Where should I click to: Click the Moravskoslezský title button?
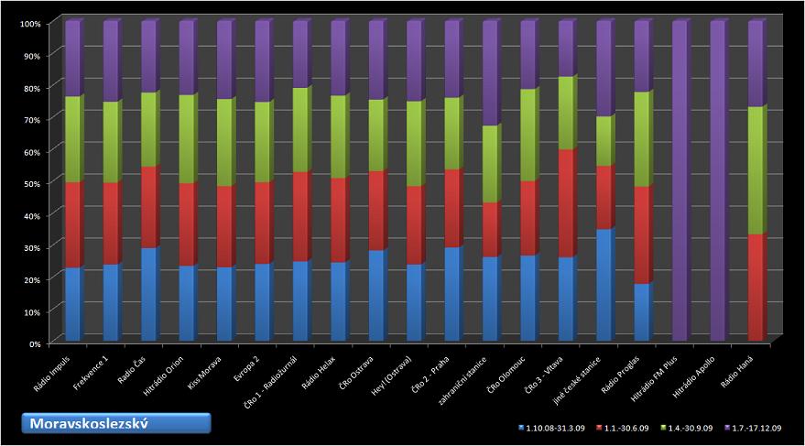pyautogui.click(x=116, y=423)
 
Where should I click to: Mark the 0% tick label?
pyautogui.click(x=34, y=343)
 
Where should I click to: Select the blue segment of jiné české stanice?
pyautogui.click(x=604, y=285)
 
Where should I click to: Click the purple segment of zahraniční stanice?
pyautogui.click(x=491, y=73)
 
